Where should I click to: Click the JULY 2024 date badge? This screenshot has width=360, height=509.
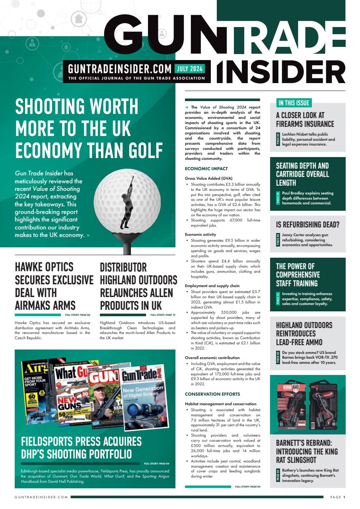point(189,68)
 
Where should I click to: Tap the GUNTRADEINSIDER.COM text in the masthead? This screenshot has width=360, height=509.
point(120,69)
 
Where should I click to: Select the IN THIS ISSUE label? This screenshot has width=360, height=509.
point(294,103)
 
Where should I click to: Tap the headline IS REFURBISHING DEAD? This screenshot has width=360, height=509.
point(307,224)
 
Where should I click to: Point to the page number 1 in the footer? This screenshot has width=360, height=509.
point(344,497)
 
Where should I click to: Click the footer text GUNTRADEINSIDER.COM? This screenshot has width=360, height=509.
point(41,497)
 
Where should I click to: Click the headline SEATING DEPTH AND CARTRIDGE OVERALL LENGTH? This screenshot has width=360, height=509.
point(302,174)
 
